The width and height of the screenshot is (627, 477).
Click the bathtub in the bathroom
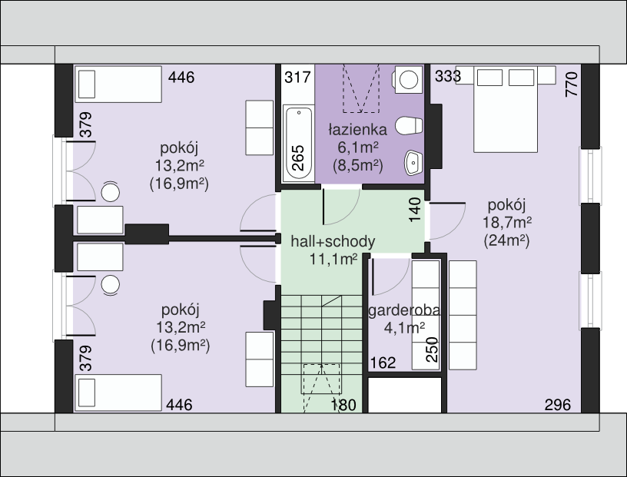(x=298, y=143)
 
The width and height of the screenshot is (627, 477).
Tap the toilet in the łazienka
(x=409, y=125)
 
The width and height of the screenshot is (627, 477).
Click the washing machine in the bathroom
(x=408, y=80)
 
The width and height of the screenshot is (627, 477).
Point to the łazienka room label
(x=357, y=130)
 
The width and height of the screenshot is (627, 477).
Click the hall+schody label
(x=333, y=241)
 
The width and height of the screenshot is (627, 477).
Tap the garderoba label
(x=404, y=310)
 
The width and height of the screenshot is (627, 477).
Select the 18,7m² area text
(x=507, y=222)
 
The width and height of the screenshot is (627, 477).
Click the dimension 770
(x=572, y=84)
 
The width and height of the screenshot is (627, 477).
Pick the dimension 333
(x=448, y=76)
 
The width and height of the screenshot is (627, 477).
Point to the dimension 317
(x=297, y=77)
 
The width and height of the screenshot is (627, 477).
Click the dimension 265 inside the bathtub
(x=298, y=158)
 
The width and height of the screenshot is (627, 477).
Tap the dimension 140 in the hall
(x=415, y=210)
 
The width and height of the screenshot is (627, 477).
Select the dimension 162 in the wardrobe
(x=383, y=363)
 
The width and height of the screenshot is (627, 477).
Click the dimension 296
(x=557, y=405)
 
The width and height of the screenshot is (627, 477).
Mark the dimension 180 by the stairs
(x=343, y=405)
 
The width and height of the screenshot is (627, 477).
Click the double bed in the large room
(x=506, y=109)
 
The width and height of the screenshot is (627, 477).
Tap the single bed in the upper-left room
(x=118, y=84)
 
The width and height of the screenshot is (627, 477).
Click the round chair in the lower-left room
(x=111, y=285)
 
